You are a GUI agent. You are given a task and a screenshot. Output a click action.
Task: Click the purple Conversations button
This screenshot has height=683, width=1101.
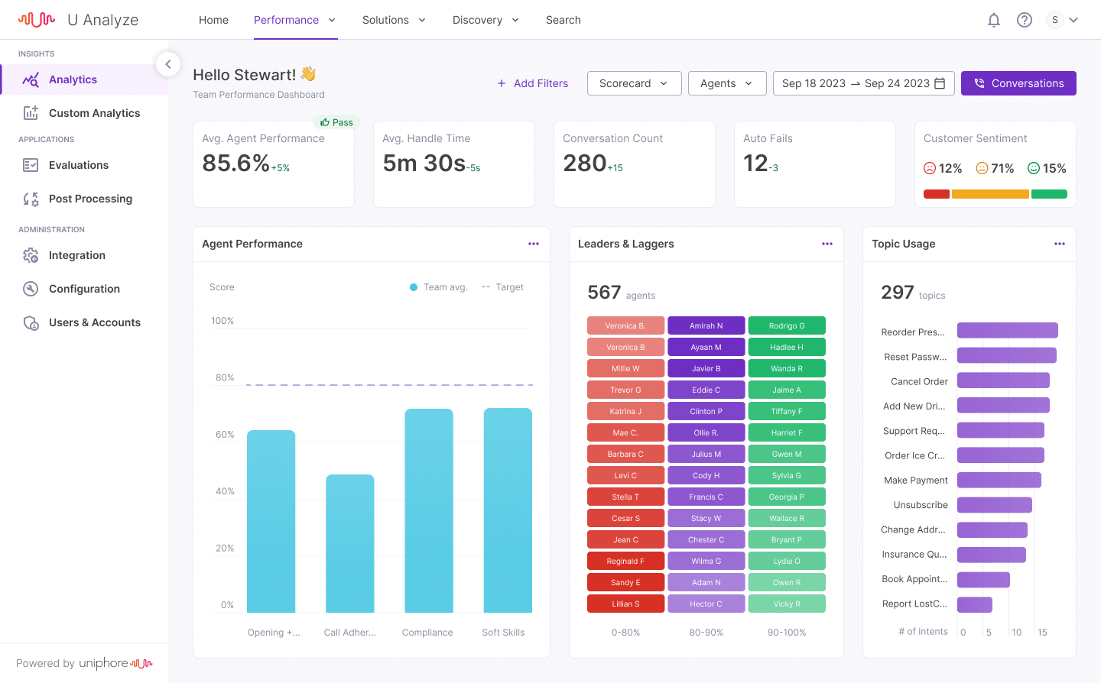tap(1018, 83)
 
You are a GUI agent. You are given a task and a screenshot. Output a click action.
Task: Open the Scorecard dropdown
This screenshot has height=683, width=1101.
tap(634, 83)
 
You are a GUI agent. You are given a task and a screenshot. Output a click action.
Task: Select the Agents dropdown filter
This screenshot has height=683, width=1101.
tap(726, 83)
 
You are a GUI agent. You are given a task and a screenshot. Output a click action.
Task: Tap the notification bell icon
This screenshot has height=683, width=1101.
tap(994, 21)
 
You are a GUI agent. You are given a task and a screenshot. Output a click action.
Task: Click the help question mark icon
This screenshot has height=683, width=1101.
tap(1025, 21)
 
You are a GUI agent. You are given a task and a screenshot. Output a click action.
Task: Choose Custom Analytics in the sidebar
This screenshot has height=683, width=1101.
tap(94, 113)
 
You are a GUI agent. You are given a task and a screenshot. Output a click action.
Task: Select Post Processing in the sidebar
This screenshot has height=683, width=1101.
tap(90, 199)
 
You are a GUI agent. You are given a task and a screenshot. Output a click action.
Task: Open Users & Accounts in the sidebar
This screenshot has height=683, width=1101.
tap(94, 322)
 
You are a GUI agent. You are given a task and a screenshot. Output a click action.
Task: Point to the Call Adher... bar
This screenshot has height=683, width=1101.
tap(349, 543)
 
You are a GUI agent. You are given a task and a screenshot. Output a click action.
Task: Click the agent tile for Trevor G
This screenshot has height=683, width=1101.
tap(625, 390)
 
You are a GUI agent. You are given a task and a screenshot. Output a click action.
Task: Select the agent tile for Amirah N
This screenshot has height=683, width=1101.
tap(706, 325)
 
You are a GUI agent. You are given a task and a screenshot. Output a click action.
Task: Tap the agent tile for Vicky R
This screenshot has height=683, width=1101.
tap(787, 604)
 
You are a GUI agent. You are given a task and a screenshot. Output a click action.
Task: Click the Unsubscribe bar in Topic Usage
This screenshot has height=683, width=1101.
tap(994, 505)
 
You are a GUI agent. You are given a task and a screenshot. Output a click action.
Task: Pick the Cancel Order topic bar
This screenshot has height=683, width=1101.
tap(1003, 380)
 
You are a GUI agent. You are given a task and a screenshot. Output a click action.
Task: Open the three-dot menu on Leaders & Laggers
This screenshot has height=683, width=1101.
tap(827, 244)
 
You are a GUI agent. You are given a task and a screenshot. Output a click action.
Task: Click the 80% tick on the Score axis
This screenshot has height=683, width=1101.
tap(225, 377)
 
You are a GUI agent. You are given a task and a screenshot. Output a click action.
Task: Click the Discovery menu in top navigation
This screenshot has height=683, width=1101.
tap(486, 20)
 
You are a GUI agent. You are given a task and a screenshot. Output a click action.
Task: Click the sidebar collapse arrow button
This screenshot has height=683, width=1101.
tap(168, 64)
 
